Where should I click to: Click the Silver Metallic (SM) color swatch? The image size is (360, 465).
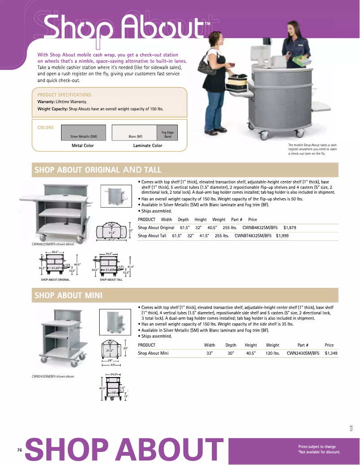pyautogui.click(x=83, y=132)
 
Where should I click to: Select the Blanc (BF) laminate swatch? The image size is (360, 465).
pyautogui.click(x=135, y=132)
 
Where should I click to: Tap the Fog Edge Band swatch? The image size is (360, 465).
pyautogui.click(x=167, y=132)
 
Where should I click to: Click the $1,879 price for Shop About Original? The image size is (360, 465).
pyautogui.click(x=290, y=227)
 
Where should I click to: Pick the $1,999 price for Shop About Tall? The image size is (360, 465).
pyautogui.click(x=282, y=235)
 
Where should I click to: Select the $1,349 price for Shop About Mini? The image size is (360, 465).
pyautogui.click(x=331, y=353)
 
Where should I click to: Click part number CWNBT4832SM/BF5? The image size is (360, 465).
pyautogui.click(x=253, y=235)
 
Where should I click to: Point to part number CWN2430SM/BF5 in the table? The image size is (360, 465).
pyautogui.click(x=303, y=353)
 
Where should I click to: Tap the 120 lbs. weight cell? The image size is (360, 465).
pyautogui.click(x=272, y=353)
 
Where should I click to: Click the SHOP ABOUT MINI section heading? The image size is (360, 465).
pyautogui.click(x=69, y=295)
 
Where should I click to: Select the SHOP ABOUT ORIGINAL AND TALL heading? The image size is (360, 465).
pyautogui.click(x=98, y=169)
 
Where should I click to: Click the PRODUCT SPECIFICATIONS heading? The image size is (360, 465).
pyautogui.click(x=64, y=95)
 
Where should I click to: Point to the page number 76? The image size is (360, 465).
pyautogui.click(x=19, y=450)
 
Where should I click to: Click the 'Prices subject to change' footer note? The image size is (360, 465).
pyautogui.click(x=317, y=447)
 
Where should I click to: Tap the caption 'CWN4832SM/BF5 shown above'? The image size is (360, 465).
pyautogui.click(x=50, y=244)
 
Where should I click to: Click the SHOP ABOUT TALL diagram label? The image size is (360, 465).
pyautogui.click(x=111, y=280)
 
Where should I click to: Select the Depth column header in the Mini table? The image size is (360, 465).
pyautogui.click(x=231, y=345)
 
